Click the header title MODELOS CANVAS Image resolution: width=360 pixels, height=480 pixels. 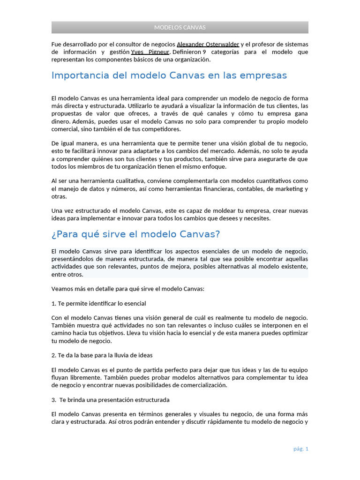tap(180, 27)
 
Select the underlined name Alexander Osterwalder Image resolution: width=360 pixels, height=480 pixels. tap(208, 44)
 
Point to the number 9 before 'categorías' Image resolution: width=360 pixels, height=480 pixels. tap(204, 52)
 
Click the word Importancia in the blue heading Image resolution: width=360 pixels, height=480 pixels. tap(79, 75)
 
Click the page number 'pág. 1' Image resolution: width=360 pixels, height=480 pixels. tap(301, 449)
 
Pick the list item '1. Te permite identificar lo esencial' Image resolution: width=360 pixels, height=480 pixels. tap(98, 303)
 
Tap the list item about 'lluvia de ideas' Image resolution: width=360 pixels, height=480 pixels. tap(102, 355)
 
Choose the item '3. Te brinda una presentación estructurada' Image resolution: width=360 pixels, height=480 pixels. tap(111, 400)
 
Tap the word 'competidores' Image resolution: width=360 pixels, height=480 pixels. tap(162, 129)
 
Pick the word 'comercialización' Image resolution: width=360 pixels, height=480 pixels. tap(203, 385)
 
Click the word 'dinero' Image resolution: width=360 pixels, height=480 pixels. tap(60, 121)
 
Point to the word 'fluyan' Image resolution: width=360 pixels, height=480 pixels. tap(60, 377)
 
